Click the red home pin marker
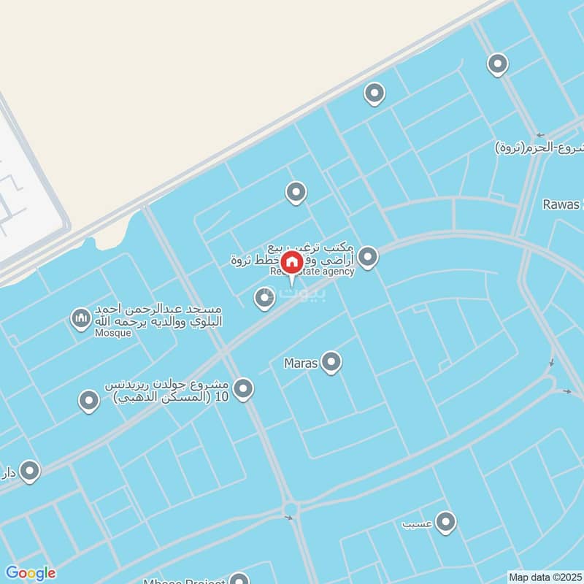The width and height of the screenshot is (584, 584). click(x=292, y=261)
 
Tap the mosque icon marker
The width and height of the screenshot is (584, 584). click(x=80, y=318)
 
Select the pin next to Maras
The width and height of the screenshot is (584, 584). click(x=331, y=361)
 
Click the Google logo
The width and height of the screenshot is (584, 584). click(x=30, y=573)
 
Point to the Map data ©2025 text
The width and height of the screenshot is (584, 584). click(x=545, y=577)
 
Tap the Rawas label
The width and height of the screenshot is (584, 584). click(x=561, y=204)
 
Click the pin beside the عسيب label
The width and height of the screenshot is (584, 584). click(x=445, y=522)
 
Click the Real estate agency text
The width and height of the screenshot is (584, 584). click(x=312, y=272)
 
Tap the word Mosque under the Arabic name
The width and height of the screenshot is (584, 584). click(x=112, y=333)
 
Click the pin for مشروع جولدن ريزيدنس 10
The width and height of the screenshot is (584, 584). click(x=244, y=389)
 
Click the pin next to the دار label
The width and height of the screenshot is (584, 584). click(x=30, y=471)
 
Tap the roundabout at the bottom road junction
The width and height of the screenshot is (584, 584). click(x=291, y=509)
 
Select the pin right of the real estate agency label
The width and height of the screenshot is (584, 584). click(x=368, y=256)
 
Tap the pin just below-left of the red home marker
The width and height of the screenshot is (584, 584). click(x=264, y=297)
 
